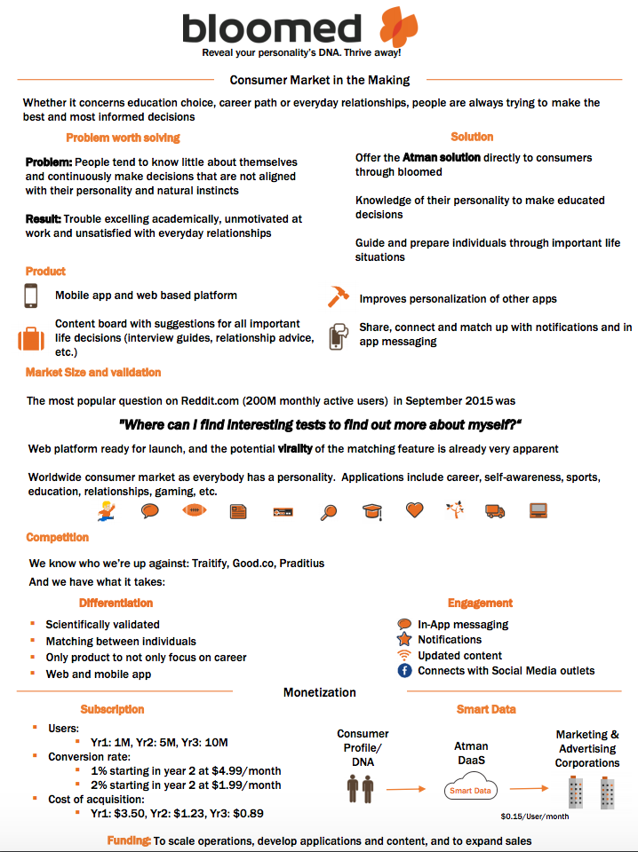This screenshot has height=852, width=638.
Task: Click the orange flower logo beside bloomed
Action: click(397, 27)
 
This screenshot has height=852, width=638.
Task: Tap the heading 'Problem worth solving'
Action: click(123, 138)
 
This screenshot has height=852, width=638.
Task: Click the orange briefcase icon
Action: click(30, 338)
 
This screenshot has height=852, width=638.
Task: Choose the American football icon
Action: click(195, 511)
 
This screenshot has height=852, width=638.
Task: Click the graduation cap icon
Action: click(371, 511)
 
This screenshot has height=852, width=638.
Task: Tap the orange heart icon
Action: click(415, 510)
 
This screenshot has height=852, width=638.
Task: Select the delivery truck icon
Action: click(495, 511)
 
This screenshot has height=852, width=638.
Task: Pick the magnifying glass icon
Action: click(329, 511)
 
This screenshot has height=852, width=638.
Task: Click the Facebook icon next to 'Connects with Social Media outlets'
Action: click(404, 671)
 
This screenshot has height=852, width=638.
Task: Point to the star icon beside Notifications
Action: click(404, 639)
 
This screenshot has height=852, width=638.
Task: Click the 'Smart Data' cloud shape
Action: click(471, 789)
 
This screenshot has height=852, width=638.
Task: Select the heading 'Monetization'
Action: click(319, 692)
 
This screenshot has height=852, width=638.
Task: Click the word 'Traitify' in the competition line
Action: click(202, 564)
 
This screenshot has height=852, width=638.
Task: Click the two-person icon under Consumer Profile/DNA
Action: click(361, 786)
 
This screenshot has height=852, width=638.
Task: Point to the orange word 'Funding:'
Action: click(128, 840)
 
